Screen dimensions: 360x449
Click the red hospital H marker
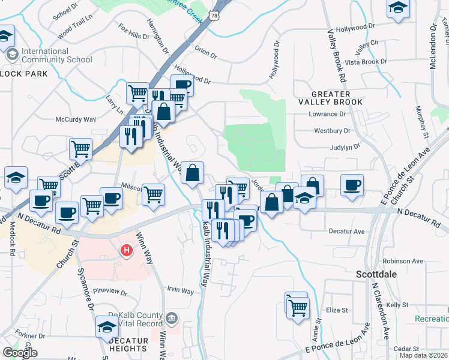pyautogui.click(x=127, y=250)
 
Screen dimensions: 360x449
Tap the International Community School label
pyautogui.click(x=56, y=55)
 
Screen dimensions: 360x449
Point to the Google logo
pyautogui.click(x=20, y=353)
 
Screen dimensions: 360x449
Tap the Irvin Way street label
pyautogui.click(x=180, y=291)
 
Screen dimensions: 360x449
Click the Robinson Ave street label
pyautogui.click(x=403, y=262)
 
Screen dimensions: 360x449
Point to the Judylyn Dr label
pyautogui.click(x=345, y=146)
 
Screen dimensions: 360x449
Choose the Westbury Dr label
pyautogui.click(x=332, y=130)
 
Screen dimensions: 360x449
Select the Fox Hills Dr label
pyautogui.click(x=133, y=32)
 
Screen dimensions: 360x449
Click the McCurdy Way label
pyautogui.click(x=76, y=119)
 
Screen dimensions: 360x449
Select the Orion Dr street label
pyautogui.click(x=205, y=53)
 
